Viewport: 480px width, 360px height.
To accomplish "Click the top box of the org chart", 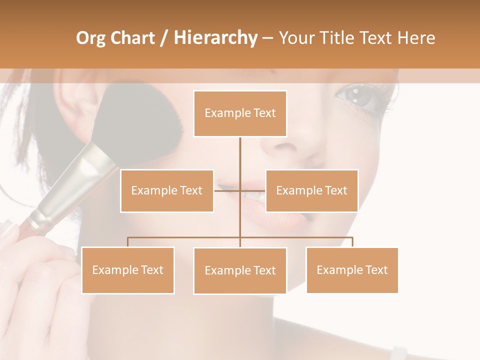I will click(240, 113).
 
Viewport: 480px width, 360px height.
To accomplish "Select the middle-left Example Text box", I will click(167, 190).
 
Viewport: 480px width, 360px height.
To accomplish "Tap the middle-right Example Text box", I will click(311, 190).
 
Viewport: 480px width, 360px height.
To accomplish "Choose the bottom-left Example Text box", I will click(128, 270).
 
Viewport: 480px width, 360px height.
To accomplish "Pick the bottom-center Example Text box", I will click(240, 270).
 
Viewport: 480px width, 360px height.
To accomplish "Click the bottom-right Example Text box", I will click(352, 270).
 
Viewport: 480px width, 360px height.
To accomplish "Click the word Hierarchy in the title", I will click(215, 37).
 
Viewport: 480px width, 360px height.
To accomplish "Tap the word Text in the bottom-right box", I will click(375, 270).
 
